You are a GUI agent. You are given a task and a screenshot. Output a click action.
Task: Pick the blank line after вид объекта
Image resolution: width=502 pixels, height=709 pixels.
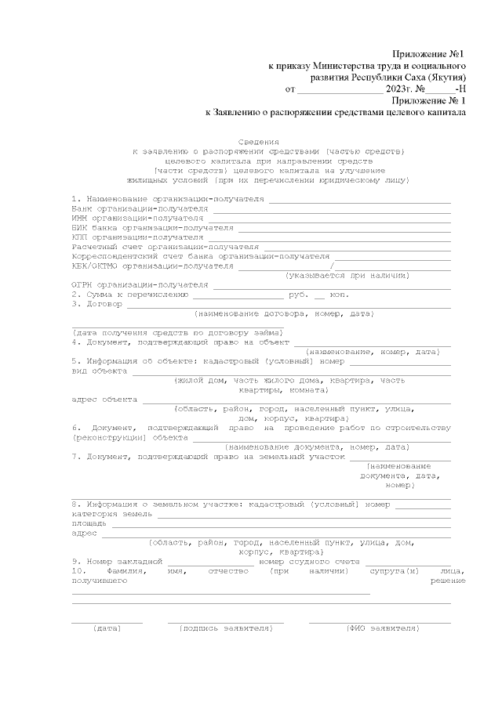point(290,372)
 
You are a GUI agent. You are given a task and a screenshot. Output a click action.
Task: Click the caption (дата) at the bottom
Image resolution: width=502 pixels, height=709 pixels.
point(107,628)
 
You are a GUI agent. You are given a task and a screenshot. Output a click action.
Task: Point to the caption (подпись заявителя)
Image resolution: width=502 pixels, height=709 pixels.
point(225,628)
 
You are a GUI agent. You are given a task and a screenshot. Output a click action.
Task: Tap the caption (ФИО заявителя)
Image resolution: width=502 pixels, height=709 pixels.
point(382,628)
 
